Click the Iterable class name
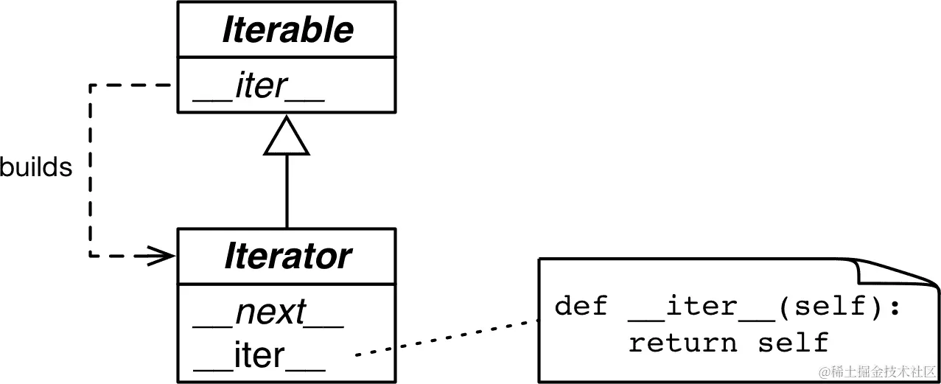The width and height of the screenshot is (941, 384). point(287,30)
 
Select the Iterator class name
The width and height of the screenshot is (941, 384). point(287,256)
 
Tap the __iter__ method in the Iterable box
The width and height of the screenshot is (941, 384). point(258,87)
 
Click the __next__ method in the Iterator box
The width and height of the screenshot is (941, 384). point(268,313)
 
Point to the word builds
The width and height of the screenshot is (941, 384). point(35,168)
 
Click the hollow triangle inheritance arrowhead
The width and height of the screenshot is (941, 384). point(287,138)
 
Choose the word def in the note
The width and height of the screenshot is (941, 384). point(581,306)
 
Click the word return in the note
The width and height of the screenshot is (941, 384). point(682,343)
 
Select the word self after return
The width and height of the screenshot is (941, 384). point(793,343)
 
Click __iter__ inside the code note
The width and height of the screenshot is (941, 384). point(701,306)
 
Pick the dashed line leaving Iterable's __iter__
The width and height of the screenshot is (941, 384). point(133,85)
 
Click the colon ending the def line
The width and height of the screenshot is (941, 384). point(895,307)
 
